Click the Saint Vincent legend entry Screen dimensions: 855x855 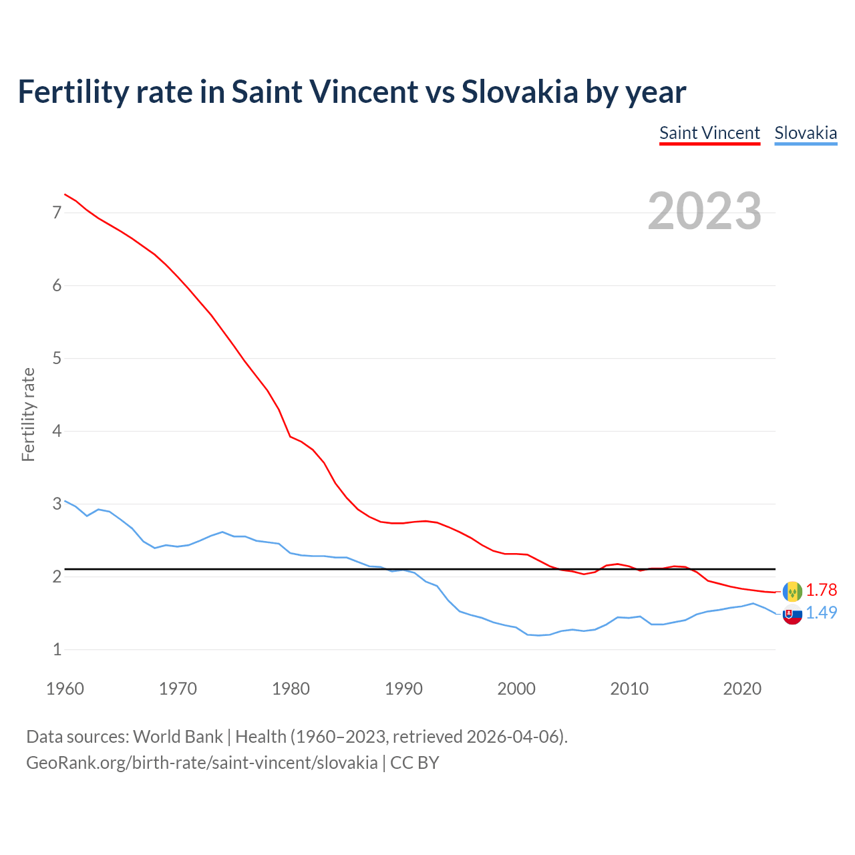pos(709,133)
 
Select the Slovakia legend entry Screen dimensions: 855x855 pos(806,133)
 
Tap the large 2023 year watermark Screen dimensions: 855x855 pos(705,211)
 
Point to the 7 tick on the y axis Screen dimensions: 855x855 pos(57,212)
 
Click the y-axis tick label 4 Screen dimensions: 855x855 pos(57,431)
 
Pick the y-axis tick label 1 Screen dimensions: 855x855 pos(57,649)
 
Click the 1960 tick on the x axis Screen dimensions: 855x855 pos(65,689)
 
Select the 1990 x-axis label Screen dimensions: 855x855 pos(403,689)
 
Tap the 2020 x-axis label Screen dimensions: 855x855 pos(742,689)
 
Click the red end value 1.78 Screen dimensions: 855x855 pos(821,590)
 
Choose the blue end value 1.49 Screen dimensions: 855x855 pos(821,613)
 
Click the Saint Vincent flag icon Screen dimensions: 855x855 pos(792,591)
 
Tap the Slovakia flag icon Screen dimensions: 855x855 pos(792,615)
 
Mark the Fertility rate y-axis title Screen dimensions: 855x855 pos(28,414)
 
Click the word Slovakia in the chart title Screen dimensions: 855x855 pos(519,92)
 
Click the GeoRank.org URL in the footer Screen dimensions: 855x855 pos(202,763)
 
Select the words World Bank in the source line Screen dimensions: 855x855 pos(178,737)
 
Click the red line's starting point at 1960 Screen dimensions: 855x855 pos(65,194)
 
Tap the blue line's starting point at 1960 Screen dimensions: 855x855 pos(65,500)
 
